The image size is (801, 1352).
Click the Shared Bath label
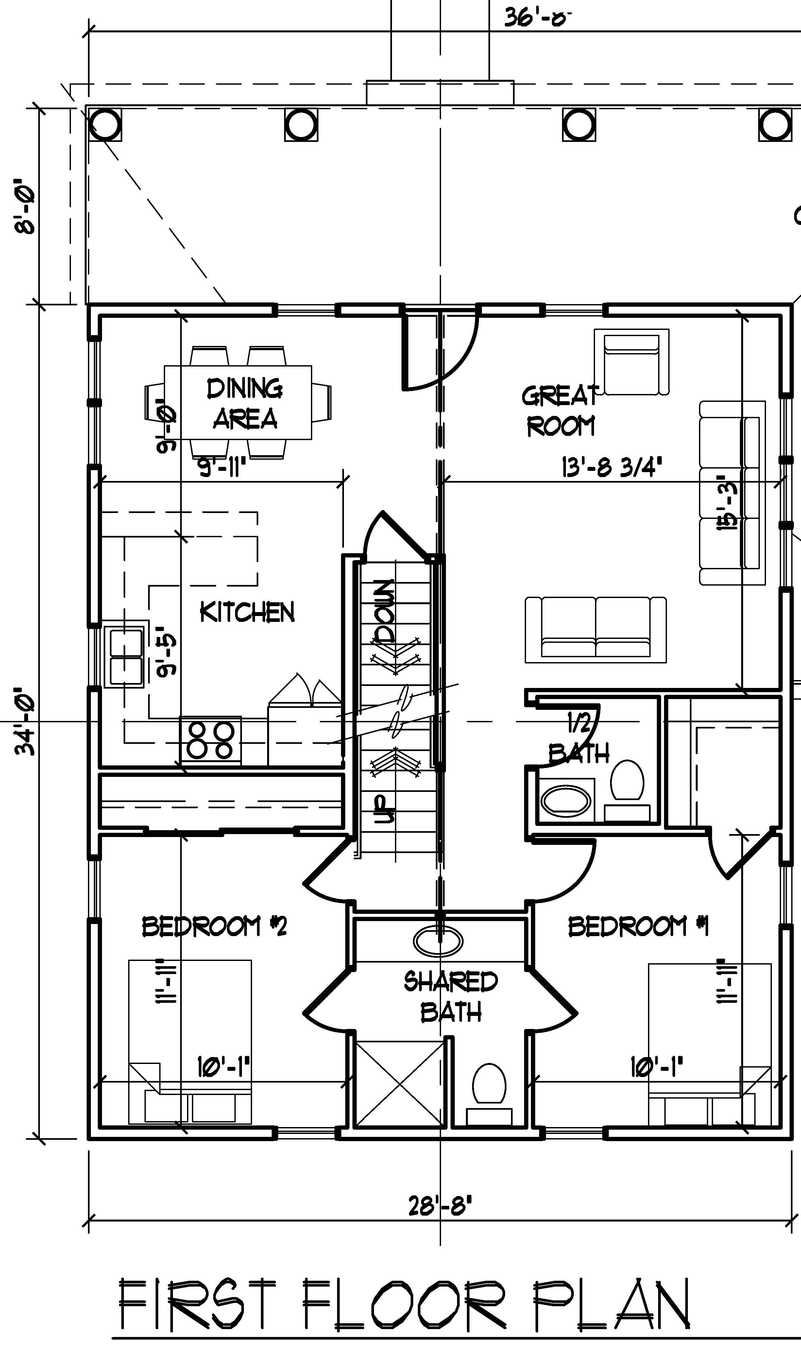[x=451, y=996]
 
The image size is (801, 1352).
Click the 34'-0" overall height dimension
[x=26, y=721]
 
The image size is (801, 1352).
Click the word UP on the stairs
[x=384, y=809]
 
